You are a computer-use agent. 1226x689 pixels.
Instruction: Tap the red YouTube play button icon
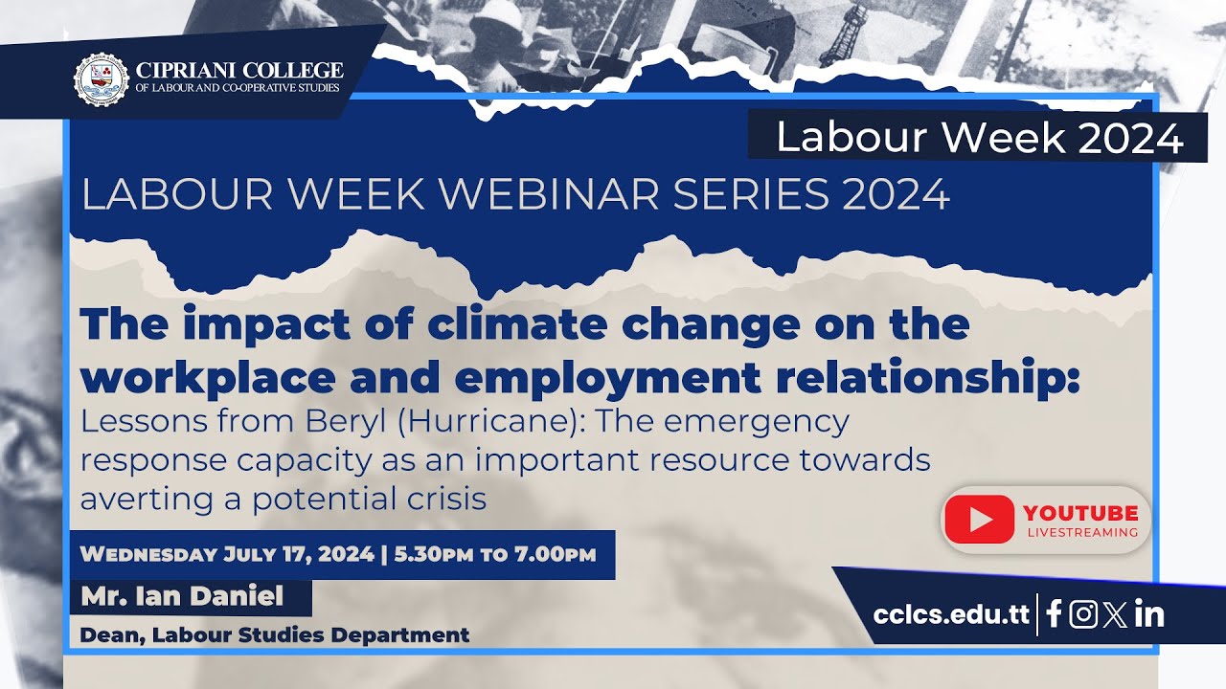pyautogui.click(x=979, y=520)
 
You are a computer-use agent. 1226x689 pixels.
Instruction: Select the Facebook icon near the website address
pyautogui.click(x=1054, y=613)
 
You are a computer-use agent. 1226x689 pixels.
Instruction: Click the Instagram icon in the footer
pyautogui.click(x=1083, y=613)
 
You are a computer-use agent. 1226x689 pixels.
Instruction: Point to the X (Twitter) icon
pyautogui.click(x=1114, y=613)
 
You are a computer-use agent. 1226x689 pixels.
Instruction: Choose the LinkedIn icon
pyautogui.click(x=1148, y=613)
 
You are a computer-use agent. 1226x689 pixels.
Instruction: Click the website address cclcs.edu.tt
pyautogui.click(x=951, y=613)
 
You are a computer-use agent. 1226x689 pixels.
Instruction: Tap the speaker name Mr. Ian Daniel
pyautogui.click(x=182, y=597)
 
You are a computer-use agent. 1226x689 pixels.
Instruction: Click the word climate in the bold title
pyautogui.click(x=517, y=325)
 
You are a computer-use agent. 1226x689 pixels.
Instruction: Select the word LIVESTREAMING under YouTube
pyautogui.click(x=1081, y=532)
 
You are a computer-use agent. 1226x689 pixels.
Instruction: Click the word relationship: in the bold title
pyautogui.click(x=953, y=377)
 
